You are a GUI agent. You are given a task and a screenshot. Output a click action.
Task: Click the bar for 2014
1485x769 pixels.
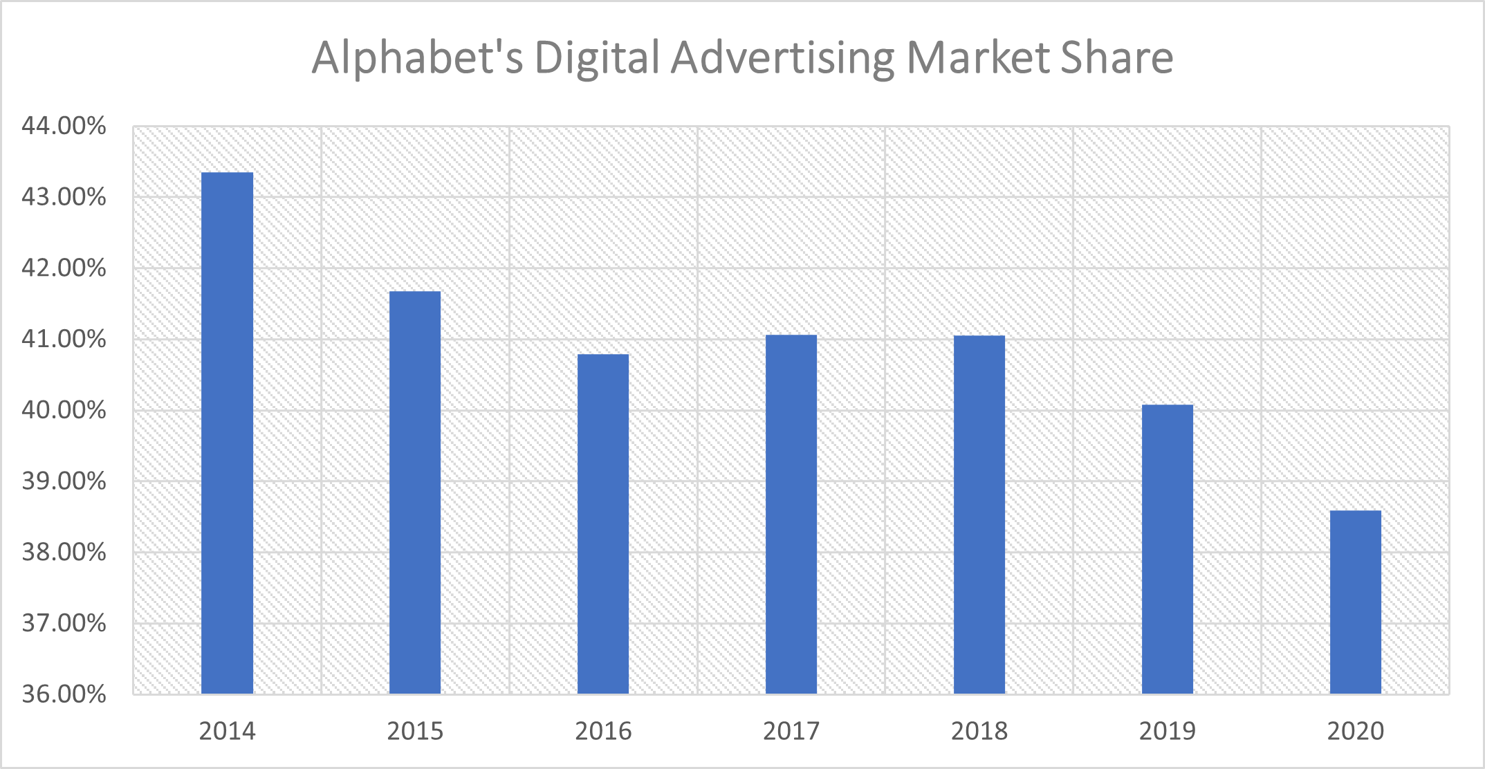pos(227,433)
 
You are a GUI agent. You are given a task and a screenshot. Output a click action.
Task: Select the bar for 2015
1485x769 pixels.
pos(415,492)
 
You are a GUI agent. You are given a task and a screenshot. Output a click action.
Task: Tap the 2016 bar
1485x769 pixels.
pos(603,524)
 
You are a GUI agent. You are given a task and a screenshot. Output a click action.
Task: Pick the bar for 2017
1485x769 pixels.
pos(791,514)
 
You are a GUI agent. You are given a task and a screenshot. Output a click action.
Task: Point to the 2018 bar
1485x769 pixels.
pos(979,515)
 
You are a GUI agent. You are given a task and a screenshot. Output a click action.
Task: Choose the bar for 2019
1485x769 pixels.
pos(1168,549)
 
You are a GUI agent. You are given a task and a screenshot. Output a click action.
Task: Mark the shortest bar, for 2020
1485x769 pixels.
pos(1356,602)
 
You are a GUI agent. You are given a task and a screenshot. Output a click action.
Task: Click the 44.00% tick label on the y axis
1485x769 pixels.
pos(64,126)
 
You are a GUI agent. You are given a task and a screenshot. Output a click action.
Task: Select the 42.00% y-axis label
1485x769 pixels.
pos(64,268)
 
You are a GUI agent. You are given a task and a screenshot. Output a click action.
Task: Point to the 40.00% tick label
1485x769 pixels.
pos(64,410)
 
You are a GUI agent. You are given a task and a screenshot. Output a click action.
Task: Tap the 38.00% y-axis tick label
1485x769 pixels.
pos(64,552)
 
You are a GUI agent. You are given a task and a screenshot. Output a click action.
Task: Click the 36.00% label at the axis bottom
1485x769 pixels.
pos(64,694)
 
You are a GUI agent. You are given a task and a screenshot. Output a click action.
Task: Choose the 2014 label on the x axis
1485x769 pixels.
pos(227,731)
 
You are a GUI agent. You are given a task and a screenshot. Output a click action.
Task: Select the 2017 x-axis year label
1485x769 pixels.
pos(791,731)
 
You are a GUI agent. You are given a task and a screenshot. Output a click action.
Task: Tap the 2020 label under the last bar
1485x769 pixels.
pos(1356,731)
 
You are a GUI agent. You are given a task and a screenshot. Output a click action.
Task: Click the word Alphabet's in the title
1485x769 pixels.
pos(417,57)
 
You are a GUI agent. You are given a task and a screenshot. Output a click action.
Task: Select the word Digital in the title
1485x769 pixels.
pos(596,59)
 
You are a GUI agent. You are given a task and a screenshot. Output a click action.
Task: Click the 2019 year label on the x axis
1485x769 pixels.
pos(1168,731)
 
